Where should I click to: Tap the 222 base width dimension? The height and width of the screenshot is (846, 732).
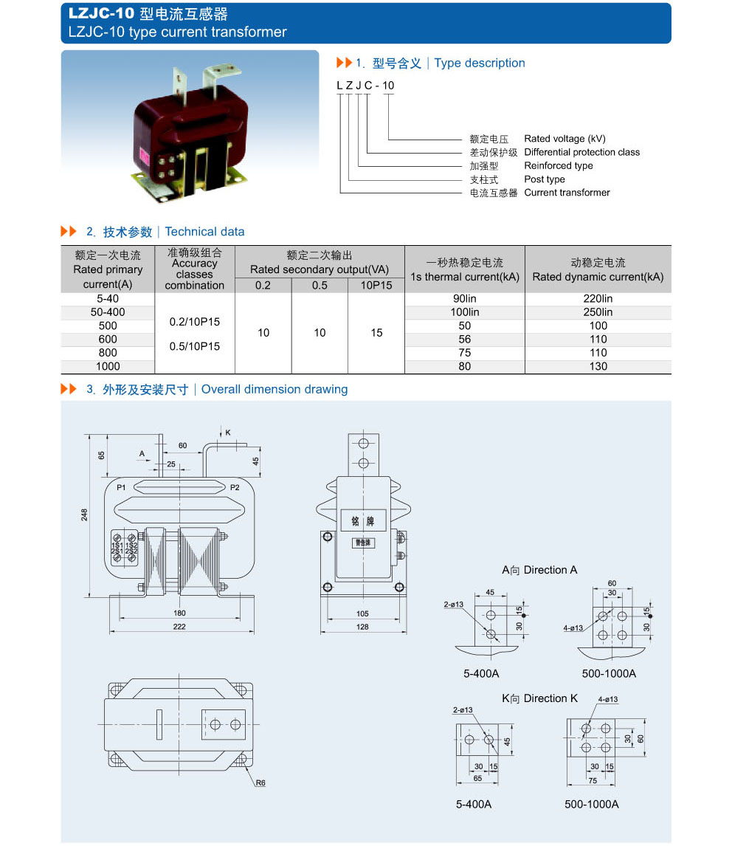[179, 627]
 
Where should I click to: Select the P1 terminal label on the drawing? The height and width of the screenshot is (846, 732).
[121, 487]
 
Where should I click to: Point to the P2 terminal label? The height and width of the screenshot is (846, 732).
[235, 487]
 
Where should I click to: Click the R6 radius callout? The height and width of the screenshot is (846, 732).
[260, 783]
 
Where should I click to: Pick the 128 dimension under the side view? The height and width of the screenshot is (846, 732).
[362, 627]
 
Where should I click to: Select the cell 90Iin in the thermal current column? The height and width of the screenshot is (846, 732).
[464, 299]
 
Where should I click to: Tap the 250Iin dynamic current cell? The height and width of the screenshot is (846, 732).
[598, 312]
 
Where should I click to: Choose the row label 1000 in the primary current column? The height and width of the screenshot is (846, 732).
[108, 366]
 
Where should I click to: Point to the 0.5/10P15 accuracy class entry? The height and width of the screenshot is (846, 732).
[195, 346]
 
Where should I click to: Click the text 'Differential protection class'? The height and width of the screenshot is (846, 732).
[581, 152]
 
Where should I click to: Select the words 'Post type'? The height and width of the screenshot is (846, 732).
[545, 179]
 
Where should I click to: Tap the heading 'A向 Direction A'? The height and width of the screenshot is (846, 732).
[539, 570]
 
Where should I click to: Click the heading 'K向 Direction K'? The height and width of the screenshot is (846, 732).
[539, 698]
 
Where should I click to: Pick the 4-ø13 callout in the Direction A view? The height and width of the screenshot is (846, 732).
[573, 628]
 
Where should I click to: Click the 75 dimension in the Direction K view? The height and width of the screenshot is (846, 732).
[573, 780]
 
